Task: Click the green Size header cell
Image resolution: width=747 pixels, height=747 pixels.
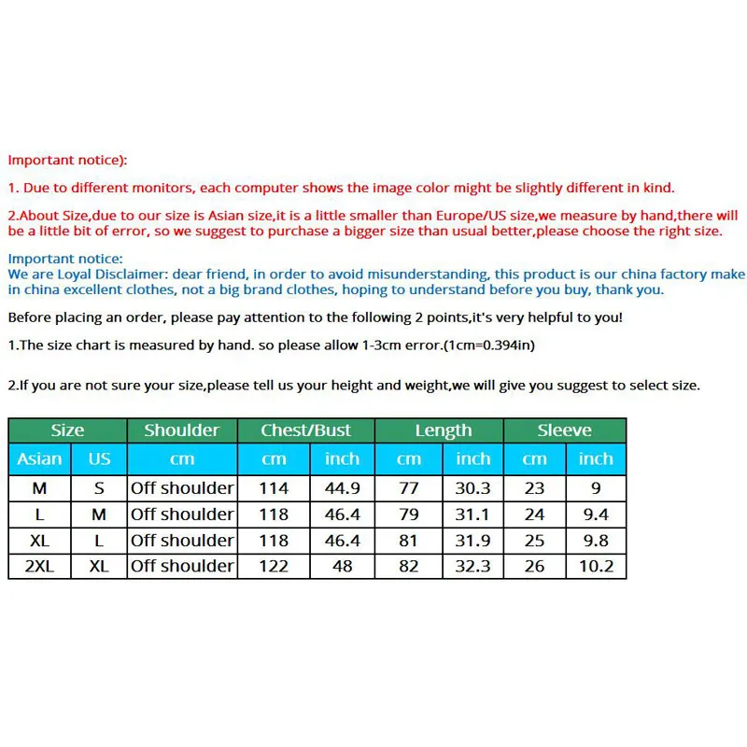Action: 67,430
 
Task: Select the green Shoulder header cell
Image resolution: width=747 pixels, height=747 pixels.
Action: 181,430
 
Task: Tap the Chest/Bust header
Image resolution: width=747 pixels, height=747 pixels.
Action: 305,430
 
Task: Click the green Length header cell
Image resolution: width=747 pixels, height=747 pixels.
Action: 443,430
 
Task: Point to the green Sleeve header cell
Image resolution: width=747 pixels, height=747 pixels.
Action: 564,430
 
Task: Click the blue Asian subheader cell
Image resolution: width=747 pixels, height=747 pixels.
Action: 39,458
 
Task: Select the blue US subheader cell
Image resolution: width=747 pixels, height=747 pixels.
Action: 99,458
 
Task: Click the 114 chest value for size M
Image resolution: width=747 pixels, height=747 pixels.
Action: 274,487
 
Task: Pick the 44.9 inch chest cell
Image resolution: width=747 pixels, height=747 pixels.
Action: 342,487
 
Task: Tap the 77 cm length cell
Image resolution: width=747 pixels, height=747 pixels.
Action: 409,487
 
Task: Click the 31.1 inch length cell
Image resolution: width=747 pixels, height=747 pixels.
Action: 472,514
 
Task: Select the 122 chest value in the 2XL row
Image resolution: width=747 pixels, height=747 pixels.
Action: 274,566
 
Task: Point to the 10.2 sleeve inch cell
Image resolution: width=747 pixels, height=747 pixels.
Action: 595,566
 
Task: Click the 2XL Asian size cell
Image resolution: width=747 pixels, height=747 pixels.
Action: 39,566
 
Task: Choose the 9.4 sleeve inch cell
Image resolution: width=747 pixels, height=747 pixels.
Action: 595,514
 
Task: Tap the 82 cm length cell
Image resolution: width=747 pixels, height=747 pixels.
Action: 409,566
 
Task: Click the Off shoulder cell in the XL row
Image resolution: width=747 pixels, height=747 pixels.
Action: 181,540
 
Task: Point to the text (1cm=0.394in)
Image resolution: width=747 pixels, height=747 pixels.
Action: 488,345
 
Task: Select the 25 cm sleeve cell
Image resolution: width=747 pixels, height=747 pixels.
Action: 534,540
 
